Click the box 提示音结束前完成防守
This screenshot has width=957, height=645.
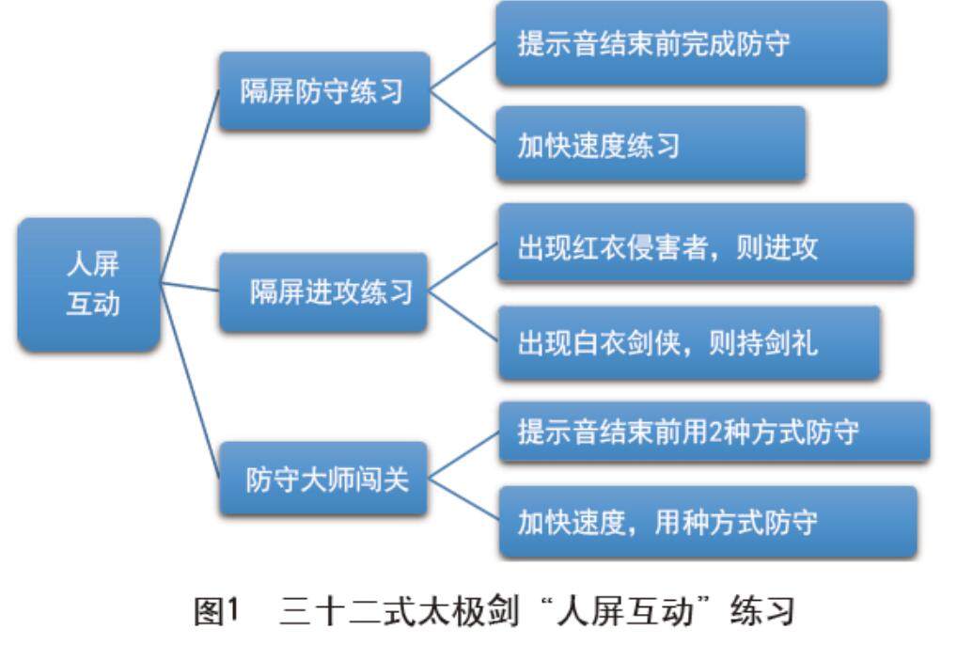point(691,44)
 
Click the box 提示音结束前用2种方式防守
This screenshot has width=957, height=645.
point(714,432)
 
